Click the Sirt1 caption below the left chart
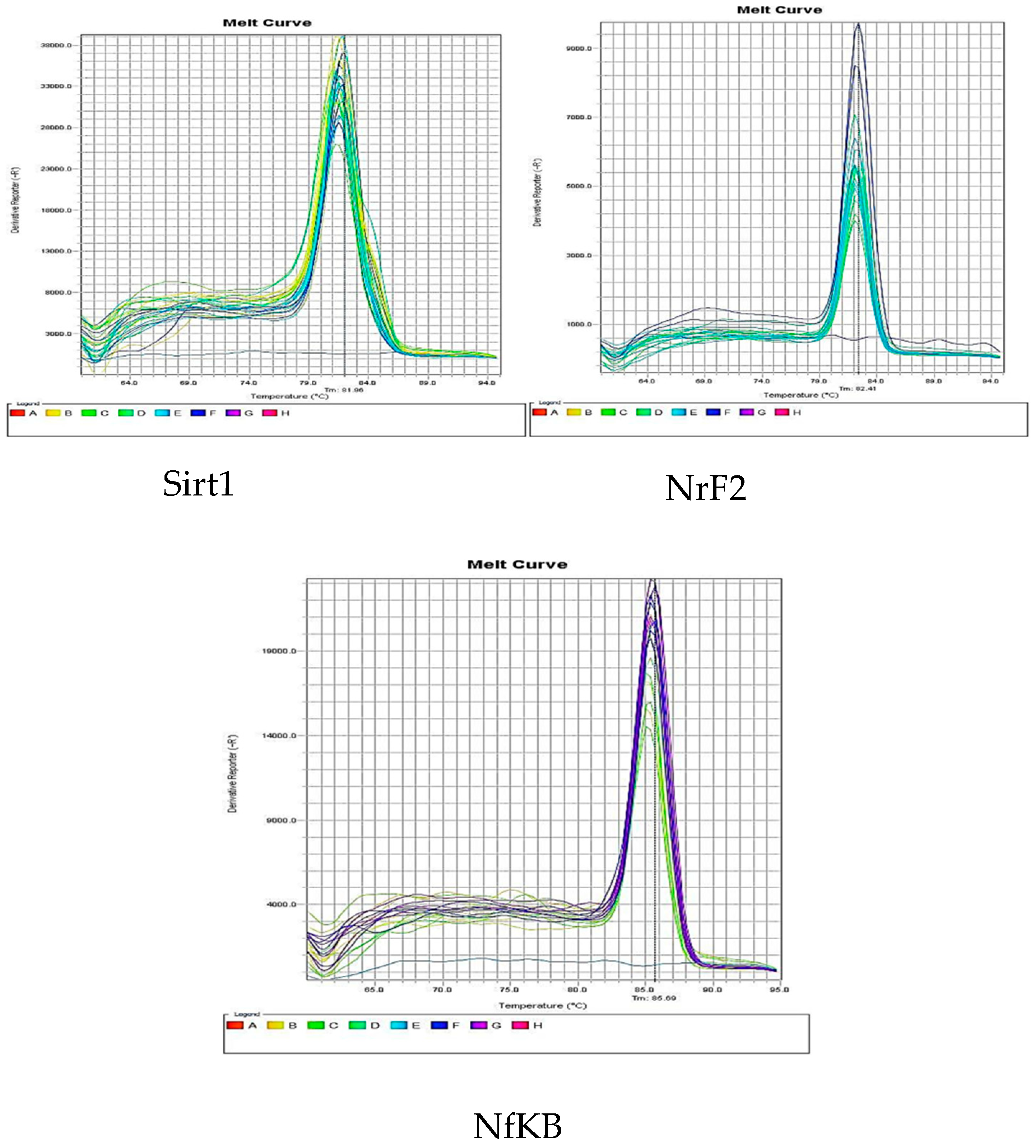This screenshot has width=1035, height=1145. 198,484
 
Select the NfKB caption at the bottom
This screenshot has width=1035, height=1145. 517,1126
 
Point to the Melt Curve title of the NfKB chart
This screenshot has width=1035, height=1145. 517,564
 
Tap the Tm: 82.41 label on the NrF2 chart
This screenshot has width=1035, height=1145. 857,388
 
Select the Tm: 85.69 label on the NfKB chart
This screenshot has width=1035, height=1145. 654,998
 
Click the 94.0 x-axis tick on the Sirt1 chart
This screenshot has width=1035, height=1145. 487,383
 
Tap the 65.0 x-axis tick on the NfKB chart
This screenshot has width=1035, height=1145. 374,990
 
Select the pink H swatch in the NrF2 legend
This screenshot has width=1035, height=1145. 782,412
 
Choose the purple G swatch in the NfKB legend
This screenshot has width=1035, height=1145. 478,1025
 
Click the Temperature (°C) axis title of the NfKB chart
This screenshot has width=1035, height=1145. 543,1005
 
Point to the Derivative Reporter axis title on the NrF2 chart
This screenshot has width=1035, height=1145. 537,192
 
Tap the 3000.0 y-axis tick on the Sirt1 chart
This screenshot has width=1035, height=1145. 58,334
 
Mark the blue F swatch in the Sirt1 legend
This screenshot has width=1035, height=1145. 198,413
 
